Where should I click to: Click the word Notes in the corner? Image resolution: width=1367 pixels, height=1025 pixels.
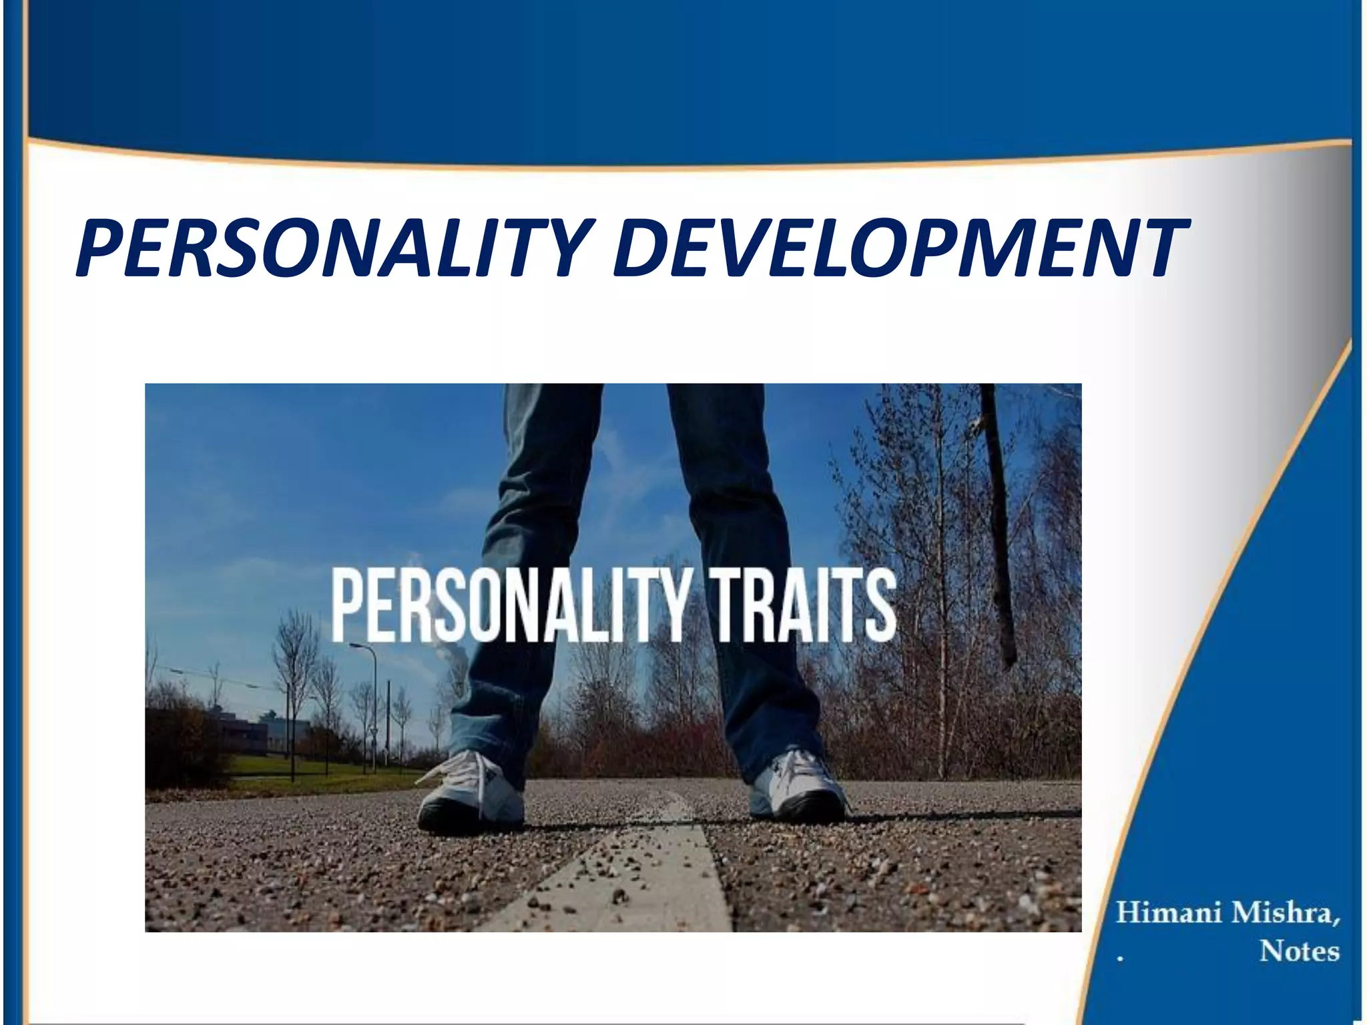coord(1299,951)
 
